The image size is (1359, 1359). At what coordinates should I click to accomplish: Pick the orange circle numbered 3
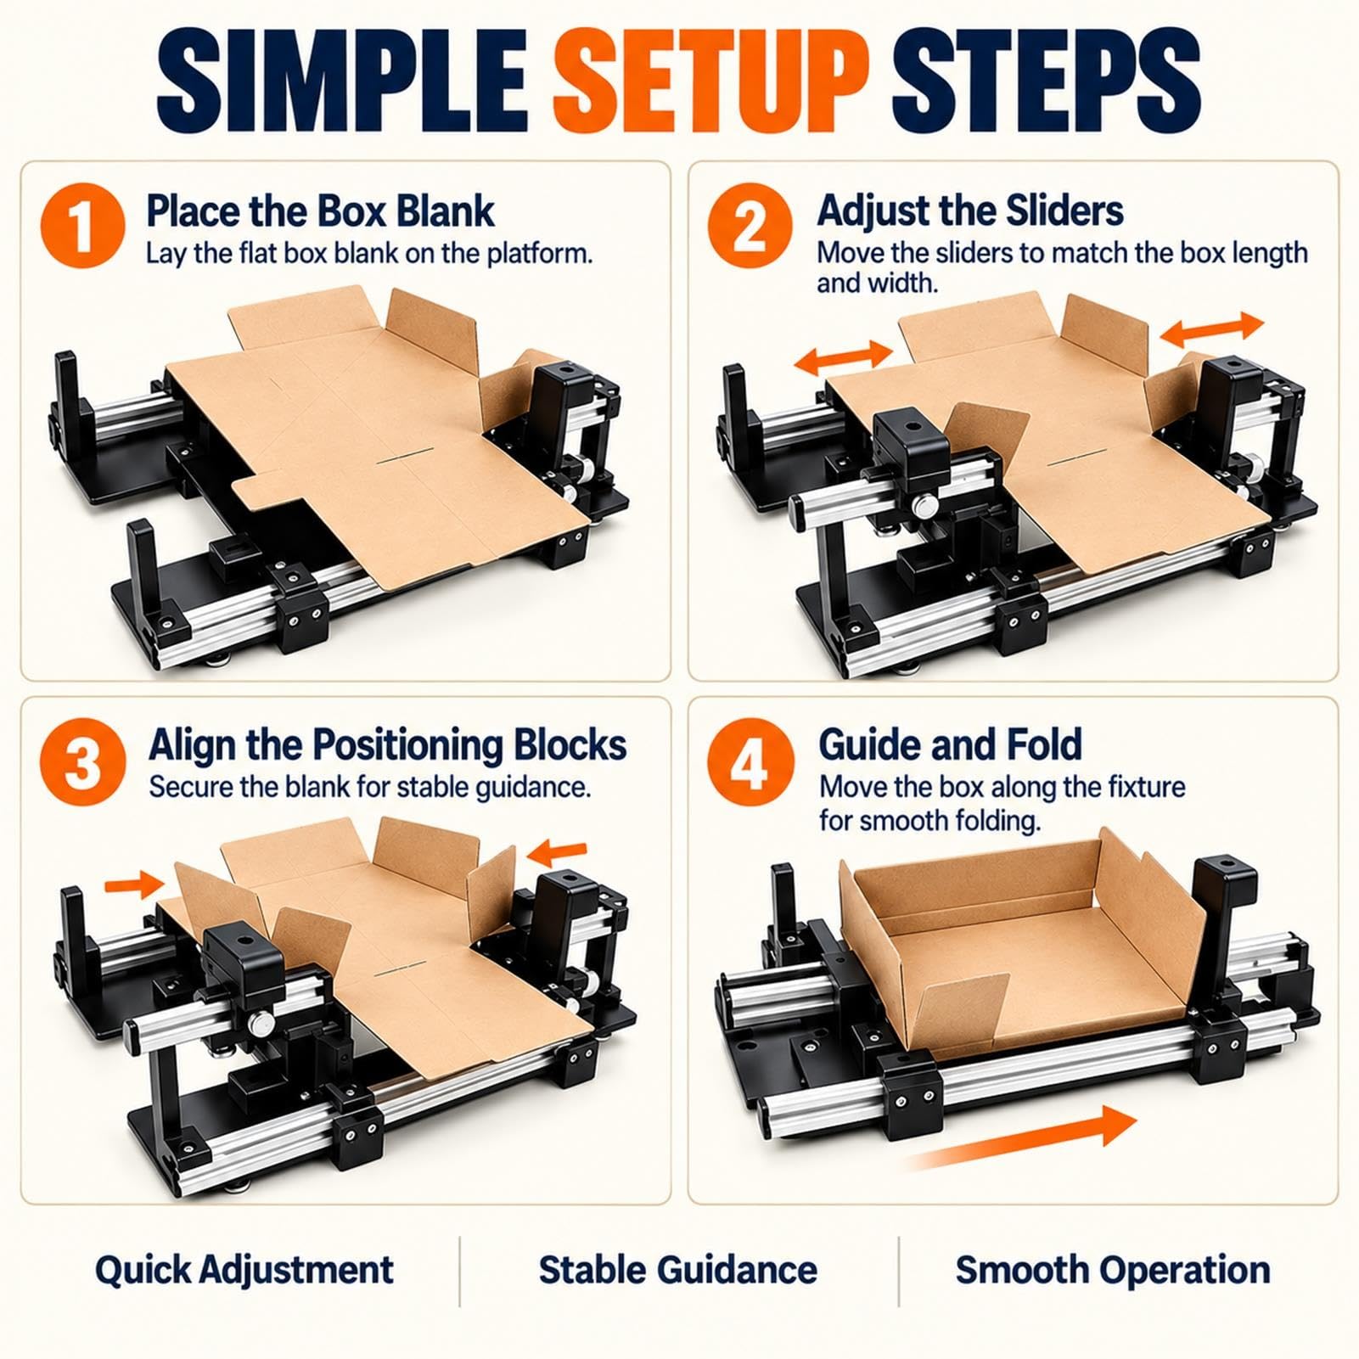click(x=82, y=762)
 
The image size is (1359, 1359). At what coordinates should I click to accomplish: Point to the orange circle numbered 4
click(x=750, y=761)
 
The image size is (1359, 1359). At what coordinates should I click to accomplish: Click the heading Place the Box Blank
click(x=320, y=211)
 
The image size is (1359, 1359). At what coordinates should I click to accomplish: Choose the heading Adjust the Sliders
click(x=970, y=211)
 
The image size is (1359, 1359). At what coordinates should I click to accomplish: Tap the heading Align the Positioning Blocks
click(x=388, y=744)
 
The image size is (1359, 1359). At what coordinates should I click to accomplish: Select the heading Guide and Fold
click(x=950, y=744)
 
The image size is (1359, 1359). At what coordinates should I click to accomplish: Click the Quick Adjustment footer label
click(x=244, y=1270)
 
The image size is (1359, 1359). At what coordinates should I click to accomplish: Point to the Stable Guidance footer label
click(x=678, y=1270)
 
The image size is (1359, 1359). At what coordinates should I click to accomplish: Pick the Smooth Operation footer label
click(x=1113, y=1270)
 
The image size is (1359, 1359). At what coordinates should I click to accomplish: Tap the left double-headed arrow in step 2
click(x=844, y=357)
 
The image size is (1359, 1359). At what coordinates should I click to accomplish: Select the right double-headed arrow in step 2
click(x=1212, y=330)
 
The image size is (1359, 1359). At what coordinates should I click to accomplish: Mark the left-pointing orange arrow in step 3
click(x=556, y=851)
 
